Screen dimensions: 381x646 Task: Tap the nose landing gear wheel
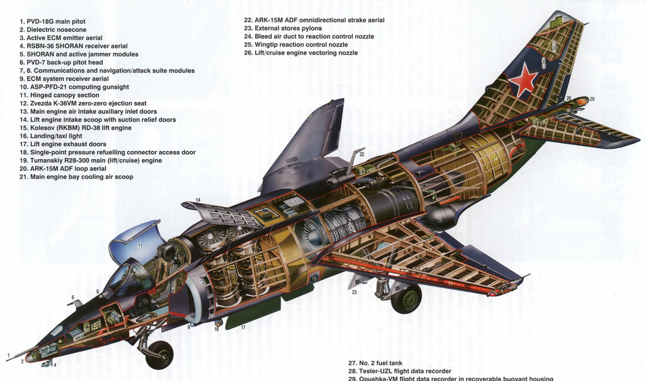(x=159, y=354)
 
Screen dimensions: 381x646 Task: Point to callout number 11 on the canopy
(x=139, y=246)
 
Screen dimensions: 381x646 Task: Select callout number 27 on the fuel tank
(x=495, y=157)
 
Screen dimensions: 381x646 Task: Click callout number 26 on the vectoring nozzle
(x=439, y=220)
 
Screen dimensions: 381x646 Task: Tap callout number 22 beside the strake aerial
(x=362, y=154)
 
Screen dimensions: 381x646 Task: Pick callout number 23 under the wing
(x=354, y=292)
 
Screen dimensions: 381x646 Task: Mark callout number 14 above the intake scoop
(x=198, y=200)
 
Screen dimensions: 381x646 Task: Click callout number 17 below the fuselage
(x=244, y=327)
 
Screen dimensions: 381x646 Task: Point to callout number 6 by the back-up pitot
(x=73, y=298)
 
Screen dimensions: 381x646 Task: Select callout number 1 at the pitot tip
(x=9, y=354)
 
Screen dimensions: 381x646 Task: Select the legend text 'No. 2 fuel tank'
(x=388, y=363)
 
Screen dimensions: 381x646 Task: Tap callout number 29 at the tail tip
(x=592, y=99)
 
